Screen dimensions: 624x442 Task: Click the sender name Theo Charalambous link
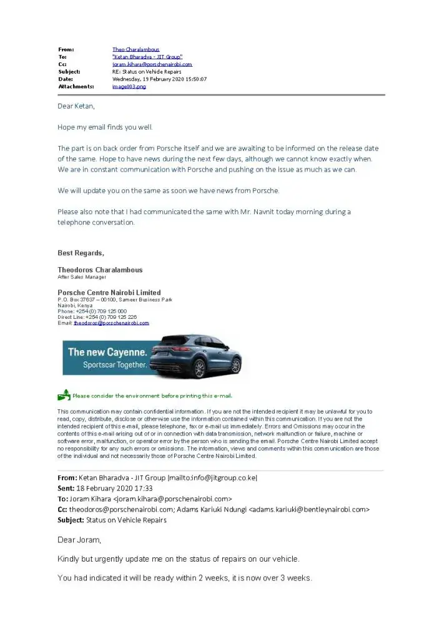[x=135, y=49]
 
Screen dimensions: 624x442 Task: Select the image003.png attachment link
[x=129, y=87]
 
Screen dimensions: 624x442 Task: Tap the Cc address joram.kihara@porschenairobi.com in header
[x=152, y=64]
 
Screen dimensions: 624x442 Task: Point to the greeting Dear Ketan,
[x=76, y=106]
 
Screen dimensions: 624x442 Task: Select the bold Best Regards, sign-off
[x=81, y=253]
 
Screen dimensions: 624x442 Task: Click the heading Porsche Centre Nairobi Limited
[x=109, y=293]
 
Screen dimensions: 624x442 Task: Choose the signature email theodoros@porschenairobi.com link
[x=111, y=323]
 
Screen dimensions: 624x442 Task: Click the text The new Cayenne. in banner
[x=107, y=352]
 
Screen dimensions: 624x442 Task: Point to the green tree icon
[x=64, y=395]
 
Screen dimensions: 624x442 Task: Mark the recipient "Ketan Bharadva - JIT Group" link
[x=147, y=57]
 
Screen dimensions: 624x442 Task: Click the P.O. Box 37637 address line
[x=114, y=300]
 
